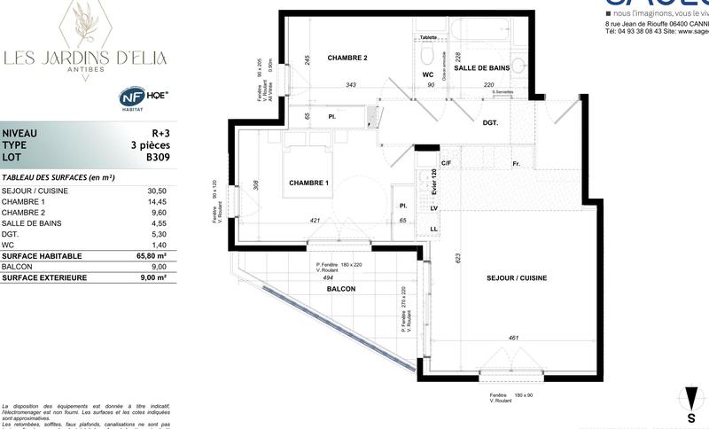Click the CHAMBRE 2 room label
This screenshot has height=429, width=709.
347,58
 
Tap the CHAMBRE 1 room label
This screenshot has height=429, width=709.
309,183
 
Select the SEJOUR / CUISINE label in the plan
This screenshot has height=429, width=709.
517,278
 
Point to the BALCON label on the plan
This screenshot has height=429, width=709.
341,290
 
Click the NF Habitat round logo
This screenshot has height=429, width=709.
132,97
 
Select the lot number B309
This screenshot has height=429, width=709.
157,158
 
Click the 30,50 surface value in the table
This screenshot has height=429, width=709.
157,191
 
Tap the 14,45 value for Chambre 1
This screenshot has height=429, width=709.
157,201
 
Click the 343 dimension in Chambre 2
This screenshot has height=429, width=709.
350,85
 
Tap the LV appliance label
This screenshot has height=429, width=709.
434,208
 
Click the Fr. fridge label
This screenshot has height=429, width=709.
515,164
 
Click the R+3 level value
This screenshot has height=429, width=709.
160,133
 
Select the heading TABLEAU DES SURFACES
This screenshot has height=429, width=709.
58,177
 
